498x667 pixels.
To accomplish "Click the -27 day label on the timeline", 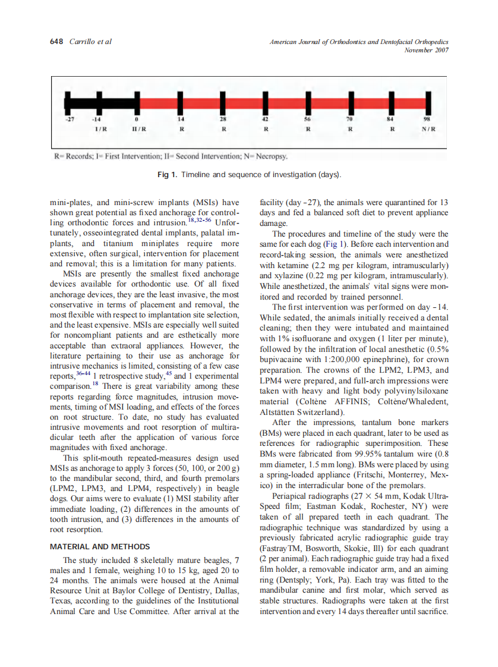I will pos(70,119).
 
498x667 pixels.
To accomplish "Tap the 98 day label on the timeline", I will pos(426,119).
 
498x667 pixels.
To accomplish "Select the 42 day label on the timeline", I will pos(264,119).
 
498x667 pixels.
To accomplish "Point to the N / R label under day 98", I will pos(428,128).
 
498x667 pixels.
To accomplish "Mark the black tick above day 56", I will pos(307,103).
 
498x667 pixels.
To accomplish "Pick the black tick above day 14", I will pos(180,103).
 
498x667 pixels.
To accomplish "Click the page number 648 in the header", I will pos(56,42).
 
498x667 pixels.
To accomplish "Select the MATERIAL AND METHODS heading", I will pos(99,546).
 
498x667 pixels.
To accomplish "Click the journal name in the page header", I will pos(359,42).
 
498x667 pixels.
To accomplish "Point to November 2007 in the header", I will pos(426,50).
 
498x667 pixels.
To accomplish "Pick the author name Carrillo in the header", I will pos(83,42).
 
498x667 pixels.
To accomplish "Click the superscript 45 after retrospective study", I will pos(167,373).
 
